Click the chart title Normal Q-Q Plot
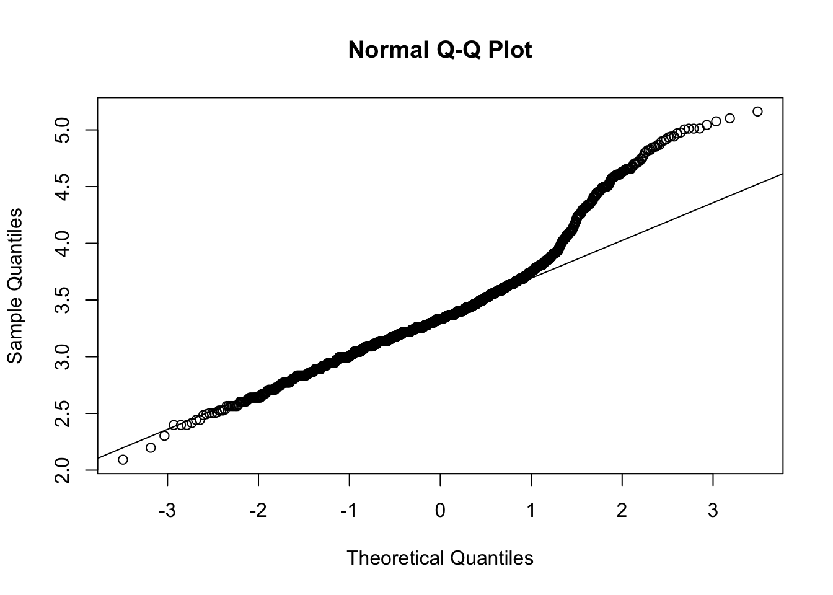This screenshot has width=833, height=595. pos(439,50)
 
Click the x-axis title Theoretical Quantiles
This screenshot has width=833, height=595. pos(439,558)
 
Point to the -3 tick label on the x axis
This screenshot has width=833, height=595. pos(167,511)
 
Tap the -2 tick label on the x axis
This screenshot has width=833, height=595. pos(258,511)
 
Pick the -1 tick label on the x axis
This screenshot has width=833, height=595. pos(349,511)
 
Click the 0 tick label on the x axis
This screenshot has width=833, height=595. pos(440,511)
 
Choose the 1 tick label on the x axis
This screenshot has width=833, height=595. pos(531,511)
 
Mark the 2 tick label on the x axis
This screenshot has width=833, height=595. pos(622,511)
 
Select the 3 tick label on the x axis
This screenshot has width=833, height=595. pos(713,511)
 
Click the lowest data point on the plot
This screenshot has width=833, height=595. pos(123,459)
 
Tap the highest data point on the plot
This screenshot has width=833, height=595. pos(757,112)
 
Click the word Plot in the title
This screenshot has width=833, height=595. pos(511,50)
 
